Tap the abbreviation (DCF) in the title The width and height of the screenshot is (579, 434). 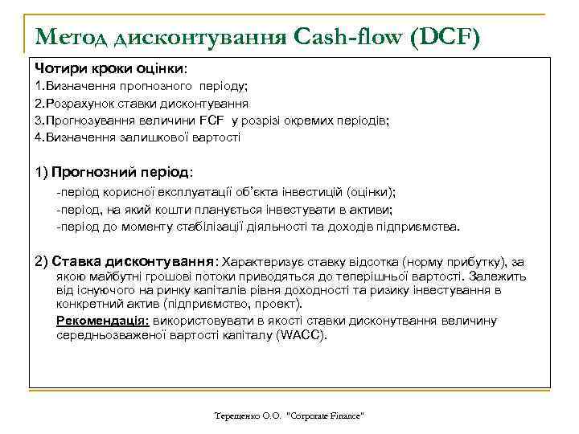442,36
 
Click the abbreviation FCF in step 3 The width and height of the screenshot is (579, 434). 214,121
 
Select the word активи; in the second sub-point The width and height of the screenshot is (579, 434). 373,210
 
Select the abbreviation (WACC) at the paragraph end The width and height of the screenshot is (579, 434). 302,335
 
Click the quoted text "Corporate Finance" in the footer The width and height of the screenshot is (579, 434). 325,416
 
